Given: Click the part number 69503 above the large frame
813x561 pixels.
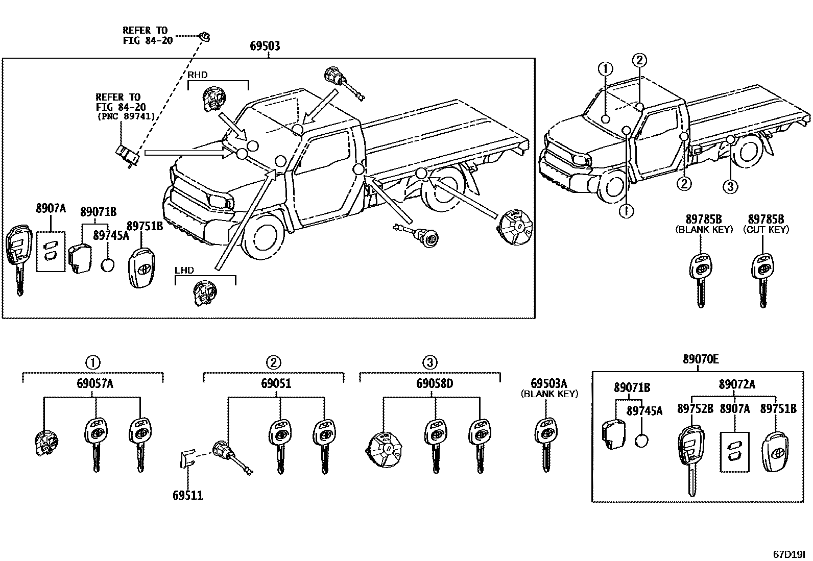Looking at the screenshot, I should (265, 46).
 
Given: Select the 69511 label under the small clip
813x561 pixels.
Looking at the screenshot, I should (187, 495).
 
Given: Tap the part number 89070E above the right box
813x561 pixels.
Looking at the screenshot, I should (701, 359).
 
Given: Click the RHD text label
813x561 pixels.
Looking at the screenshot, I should (198, 75).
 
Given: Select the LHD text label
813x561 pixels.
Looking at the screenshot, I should (184, 270).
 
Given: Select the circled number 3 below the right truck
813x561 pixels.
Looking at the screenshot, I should (730, 187).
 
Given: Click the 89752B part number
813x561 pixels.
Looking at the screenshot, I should (695, 409).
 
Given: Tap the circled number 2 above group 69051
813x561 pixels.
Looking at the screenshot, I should (274, 362).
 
